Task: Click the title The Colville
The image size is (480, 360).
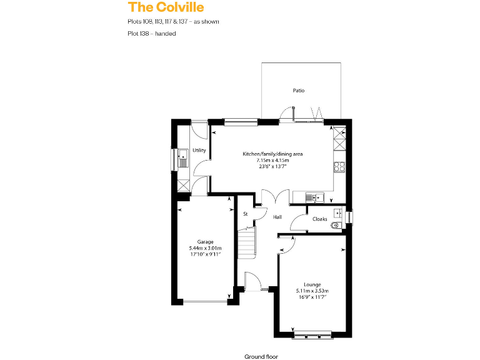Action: click(x=166, y=7)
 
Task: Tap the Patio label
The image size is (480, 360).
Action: click(x=299, y=91)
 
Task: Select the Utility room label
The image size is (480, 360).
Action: click(x=199, y=150)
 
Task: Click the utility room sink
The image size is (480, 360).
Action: click(x=182, y=157)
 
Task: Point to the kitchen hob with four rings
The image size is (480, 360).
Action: click(x=340, y=166)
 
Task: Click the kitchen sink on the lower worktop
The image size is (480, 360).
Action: click(x=313, y=197)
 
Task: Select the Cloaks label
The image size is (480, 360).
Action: click(x=320, y=219)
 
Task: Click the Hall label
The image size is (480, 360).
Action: click(x=277, y=217)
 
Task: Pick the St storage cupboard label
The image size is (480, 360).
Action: click(x=246, y=214)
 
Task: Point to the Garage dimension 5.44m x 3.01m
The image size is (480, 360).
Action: click(x=205, y=248)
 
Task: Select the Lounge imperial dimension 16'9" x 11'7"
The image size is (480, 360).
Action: click(x=312, y=297)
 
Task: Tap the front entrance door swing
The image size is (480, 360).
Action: click(x=252, y=281)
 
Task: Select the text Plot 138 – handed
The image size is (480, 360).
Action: click(x=151, y=34)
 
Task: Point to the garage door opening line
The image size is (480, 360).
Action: click(x=204, y=302)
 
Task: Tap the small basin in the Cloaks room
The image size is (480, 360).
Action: click(x=338, y=211)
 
